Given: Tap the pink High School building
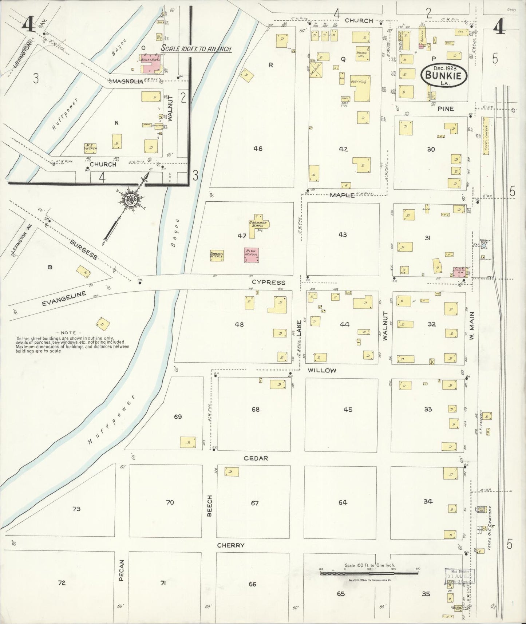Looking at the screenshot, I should [x=251, y=255].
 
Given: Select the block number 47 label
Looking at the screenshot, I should [x=242, y=236].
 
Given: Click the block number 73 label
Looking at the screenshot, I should [x=76, y=509].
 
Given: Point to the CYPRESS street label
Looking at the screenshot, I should [x=269, y=283].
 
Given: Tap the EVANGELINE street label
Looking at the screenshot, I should [x=64, y=299].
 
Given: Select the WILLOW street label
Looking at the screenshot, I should [x=322, y=370].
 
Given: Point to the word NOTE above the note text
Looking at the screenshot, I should [x=67, y=333].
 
